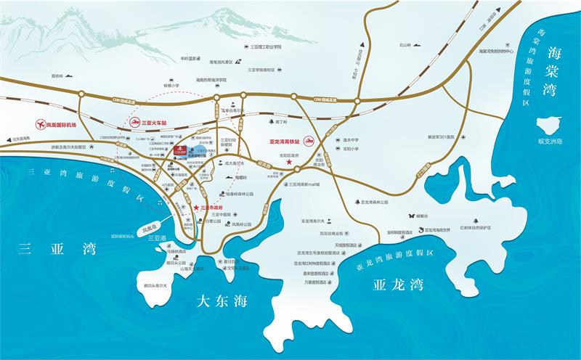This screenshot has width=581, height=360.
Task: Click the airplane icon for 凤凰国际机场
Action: point(38,124)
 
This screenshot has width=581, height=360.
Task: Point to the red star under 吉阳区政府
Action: point(290,168)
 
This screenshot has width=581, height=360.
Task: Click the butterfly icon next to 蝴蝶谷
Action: point(411,216)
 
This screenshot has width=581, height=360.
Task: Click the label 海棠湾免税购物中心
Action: point(497,52)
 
